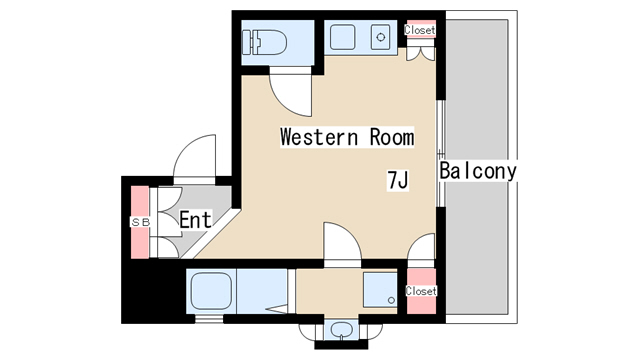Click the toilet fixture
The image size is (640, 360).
pos(264,42)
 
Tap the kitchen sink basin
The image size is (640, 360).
pos(342,37)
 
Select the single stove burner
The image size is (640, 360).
pos(381,38)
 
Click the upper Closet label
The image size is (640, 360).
pos(420,30)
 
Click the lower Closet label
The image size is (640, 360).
pos(421,291)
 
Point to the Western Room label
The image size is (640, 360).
pos(347,137)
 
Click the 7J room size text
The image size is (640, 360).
pos(398,180)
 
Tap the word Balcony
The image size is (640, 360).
pos(478,171)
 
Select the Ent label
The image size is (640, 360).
pos(196,220)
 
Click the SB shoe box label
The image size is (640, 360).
pos(140,222)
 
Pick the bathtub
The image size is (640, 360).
pos(211,291)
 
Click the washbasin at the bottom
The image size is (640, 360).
pos(342,330)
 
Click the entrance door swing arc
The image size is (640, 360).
pos(194,156)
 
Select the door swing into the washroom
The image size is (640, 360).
pos(342,241)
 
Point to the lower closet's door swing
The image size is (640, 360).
pos(421,246)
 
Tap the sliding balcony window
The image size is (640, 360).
pos(440,153)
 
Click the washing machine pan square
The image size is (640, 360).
pos(380,290)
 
